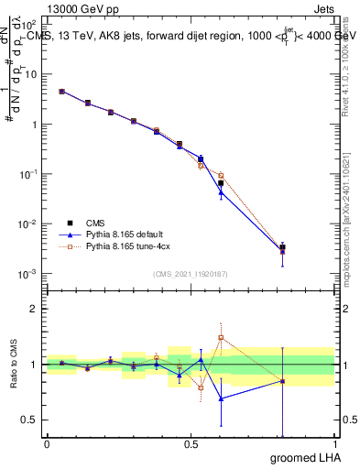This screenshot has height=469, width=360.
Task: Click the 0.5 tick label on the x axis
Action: coord(191,444)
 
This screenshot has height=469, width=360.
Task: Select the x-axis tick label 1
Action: coord(334,444)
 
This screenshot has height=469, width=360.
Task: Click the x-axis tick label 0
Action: coord(47,444)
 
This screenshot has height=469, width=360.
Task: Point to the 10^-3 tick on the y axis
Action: coord(29,274)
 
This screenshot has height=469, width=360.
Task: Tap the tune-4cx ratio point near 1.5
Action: coord(221,337)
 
